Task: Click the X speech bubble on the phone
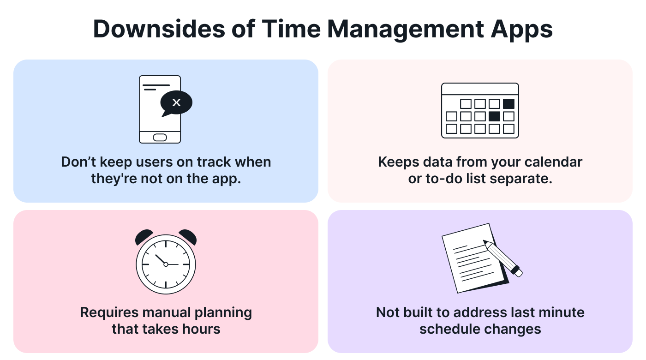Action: coord(176,103)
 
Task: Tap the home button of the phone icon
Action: coord(160,137)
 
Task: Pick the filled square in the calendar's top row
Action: coord(508,104)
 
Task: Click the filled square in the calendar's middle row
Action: coord(494,116)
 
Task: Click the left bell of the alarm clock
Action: coord(144,237)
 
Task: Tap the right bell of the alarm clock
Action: coord(188,237)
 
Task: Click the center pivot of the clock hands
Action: coord(166,264)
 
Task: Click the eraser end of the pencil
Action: coord(518,273)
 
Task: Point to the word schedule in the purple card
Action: coord(445,329)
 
